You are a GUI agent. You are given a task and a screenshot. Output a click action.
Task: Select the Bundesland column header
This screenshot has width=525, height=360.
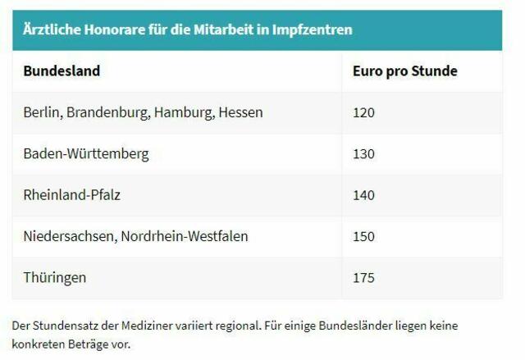pos(62,71)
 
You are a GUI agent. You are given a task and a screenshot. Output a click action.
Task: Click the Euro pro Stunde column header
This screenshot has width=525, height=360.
pos(404,71)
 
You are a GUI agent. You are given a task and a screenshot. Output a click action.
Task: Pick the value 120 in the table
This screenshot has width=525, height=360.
pos(363,112)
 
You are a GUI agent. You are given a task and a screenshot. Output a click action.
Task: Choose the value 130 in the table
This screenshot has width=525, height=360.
pos(363,154)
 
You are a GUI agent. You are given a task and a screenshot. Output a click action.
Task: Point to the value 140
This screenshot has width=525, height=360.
pos(363,195)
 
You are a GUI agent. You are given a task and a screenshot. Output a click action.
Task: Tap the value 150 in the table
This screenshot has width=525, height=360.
pos(363,236)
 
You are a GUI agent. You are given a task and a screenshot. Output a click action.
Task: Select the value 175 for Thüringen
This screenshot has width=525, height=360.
pos(363,278)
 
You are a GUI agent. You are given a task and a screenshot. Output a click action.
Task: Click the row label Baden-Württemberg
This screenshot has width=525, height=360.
pos(86,154)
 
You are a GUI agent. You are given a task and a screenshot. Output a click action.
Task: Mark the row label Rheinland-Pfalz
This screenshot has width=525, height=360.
pos(72,195)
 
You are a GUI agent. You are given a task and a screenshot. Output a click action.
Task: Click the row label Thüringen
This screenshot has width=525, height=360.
pos(55,278)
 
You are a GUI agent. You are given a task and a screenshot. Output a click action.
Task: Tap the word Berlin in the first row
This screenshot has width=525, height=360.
pos(42,112)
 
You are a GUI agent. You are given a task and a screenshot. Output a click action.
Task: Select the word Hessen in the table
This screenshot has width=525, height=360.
pos(240,112)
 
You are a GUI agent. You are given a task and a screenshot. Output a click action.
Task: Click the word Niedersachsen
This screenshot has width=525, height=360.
pos(70,236)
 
